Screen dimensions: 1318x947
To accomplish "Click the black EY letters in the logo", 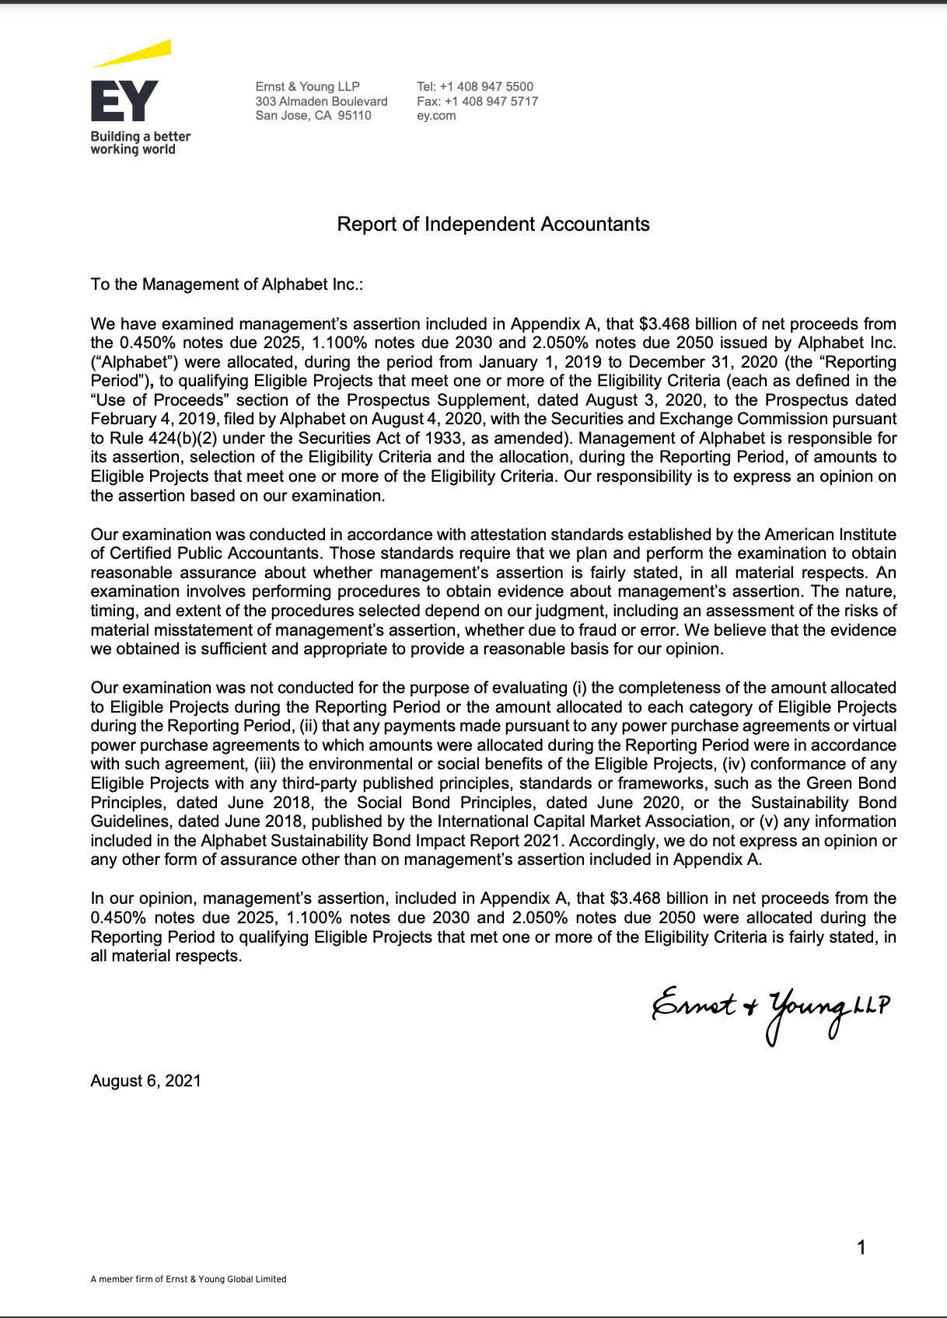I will click(124, 101).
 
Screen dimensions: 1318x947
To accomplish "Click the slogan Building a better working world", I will click(140, 143).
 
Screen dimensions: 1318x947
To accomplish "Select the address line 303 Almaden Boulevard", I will click(321, 101).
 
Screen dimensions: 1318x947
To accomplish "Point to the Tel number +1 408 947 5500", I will click(475, 86).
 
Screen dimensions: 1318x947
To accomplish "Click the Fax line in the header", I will click(477, 101).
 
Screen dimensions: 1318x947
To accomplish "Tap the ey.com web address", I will click(436, 116).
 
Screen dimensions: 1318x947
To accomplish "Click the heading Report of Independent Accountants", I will click(493, 225).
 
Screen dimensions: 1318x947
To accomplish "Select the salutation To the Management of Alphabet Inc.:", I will click(227, 284).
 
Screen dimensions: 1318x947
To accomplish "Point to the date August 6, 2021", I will click(146, 1081).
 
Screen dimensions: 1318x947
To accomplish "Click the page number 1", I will click(861, 1247).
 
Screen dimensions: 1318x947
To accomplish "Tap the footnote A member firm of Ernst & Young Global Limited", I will click(188, 1279).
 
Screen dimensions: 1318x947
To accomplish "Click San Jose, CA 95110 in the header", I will click(313, 116).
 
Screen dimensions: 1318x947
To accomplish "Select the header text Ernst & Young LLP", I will click(308, 86).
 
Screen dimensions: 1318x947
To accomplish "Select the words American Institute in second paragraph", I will click(830, 535).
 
